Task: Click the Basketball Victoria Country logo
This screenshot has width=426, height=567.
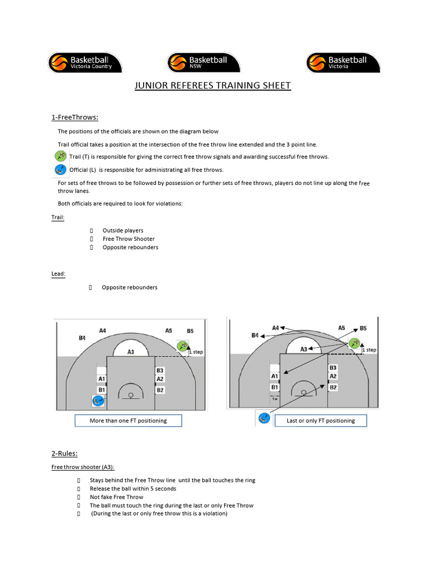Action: (x=84, y=63)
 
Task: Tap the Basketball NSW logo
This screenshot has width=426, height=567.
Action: (x=204, y=63)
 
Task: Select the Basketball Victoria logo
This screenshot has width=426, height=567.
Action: (x=343, y=63)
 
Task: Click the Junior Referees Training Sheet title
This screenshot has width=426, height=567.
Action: (x=213, y=86)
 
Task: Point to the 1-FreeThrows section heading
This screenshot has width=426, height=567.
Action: (x=75, y=117)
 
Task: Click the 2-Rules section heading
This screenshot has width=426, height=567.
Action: (x=64, y=453)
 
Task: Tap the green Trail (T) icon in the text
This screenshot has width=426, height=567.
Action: (x=61, y=156)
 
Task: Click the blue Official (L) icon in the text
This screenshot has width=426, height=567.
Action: (x=61, y=169)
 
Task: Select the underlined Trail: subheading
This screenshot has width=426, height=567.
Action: (x=58, y=218)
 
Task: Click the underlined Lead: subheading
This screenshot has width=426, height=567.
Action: (x=58, y=273)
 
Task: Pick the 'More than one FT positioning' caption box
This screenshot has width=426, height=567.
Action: (x=128, y=421)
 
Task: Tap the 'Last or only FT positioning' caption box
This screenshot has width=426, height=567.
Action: (x=321, y=421)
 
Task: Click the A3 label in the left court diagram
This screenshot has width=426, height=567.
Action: (x=131, y=351)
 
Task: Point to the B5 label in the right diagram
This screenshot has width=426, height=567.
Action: (x=363, y=328)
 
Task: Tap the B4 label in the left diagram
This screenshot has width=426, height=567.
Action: (x=82, y=338)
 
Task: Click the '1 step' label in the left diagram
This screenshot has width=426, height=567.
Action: (x=196, y=352)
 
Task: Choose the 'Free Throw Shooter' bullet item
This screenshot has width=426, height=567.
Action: (x=129, y=239)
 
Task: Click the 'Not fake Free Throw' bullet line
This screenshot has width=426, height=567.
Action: (x=116, y=497)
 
